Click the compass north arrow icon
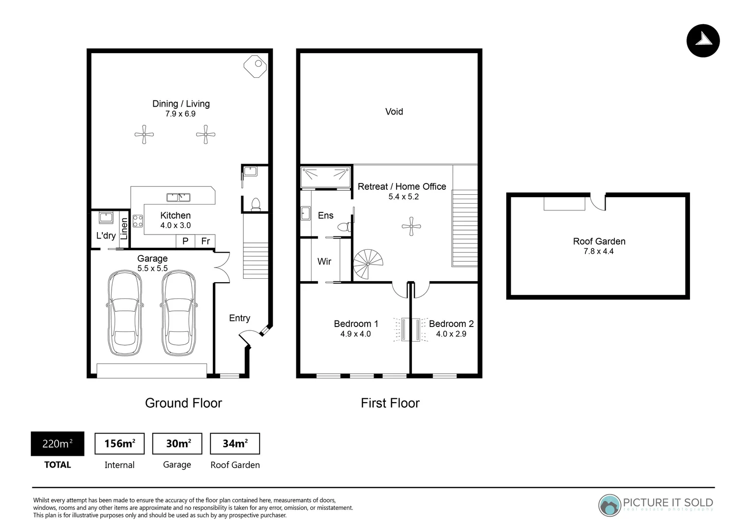[x=703, y=41]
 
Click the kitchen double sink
[x=178, y=198]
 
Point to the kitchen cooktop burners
[x=138, y=221]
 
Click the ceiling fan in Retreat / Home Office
[x=411, y=227]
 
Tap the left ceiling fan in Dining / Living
[x=144, y=134]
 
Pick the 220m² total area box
[x=58, y=444]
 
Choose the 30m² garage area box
[x=177, y=444]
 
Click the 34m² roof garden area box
[x=235, y=444]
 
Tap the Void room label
[x=394, y=112]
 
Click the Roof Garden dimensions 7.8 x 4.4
[x=598, y=251]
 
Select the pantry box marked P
[x=185, y=241]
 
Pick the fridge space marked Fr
[x=205, y=241]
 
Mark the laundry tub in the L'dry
[x=106, y=217]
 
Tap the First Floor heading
[x=390, y=403]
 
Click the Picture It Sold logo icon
[x=610, y=505]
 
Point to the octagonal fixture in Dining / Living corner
[x=255, y=65]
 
